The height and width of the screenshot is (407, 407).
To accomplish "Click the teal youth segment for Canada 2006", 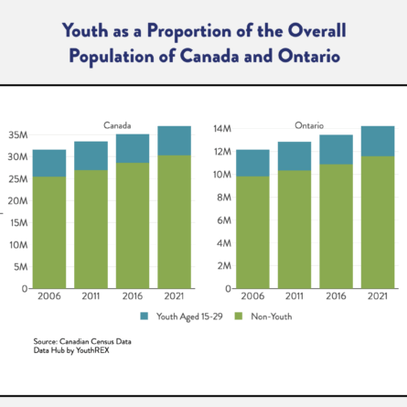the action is (49, 163).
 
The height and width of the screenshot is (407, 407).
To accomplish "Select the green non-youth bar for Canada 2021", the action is (175, 222).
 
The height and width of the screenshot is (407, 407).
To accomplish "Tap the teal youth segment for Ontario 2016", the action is (336, 150).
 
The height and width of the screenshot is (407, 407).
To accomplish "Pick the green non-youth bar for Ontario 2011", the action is (295, 230).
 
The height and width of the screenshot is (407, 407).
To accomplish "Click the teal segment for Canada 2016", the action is (133, 148).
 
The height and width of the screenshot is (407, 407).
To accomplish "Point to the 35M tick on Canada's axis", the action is (18, 134).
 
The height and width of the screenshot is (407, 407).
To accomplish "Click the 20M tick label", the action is (17, 201).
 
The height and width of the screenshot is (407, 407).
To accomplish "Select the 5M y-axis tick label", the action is (21, 267).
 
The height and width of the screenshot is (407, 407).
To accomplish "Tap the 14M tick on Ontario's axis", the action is (222, 129).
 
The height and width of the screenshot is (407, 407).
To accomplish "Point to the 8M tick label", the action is (224, 198).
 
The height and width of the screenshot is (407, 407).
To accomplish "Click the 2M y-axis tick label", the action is (224, 266).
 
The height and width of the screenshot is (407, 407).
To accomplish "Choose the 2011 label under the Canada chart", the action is (91, 296).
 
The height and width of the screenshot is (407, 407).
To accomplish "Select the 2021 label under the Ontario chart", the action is (378, 296).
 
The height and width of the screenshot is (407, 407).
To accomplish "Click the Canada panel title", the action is (117, 125).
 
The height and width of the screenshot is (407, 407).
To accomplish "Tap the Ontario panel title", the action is (309, 125).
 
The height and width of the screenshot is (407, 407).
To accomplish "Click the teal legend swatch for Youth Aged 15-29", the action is (145, 316).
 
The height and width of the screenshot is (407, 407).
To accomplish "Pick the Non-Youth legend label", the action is (272, 316).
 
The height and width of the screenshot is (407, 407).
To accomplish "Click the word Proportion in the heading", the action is (189, 31).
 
